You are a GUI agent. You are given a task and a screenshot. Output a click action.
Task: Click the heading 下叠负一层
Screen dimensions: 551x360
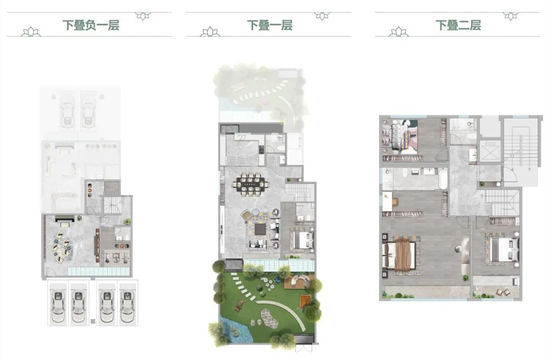coord(91,26)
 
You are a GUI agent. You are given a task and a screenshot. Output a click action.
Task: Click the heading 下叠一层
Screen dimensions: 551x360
coord(270,26)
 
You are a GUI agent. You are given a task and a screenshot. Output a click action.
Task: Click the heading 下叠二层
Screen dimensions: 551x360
coord(458,26)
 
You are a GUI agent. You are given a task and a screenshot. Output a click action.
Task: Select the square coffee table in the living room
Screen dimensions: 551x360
coord(260,229)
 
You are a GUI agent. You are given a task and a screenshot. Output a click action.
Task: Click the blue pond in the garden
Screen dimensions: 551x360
coord(234,331)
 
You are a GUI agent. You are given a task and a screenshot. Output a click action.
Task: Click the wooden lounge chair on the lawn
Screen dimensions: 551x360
coord(239,306)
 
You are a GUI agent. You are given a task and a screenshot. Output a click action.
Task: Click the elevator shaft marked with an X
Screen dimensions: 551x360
coord(490,152)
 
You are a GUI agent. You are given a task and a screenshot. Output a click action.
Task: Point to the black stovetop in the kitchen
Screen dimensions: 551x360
coord(261,150)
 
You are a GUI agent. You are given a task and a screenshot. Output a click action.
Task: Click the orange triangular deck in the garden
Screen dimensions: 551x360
coord(305,301)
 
